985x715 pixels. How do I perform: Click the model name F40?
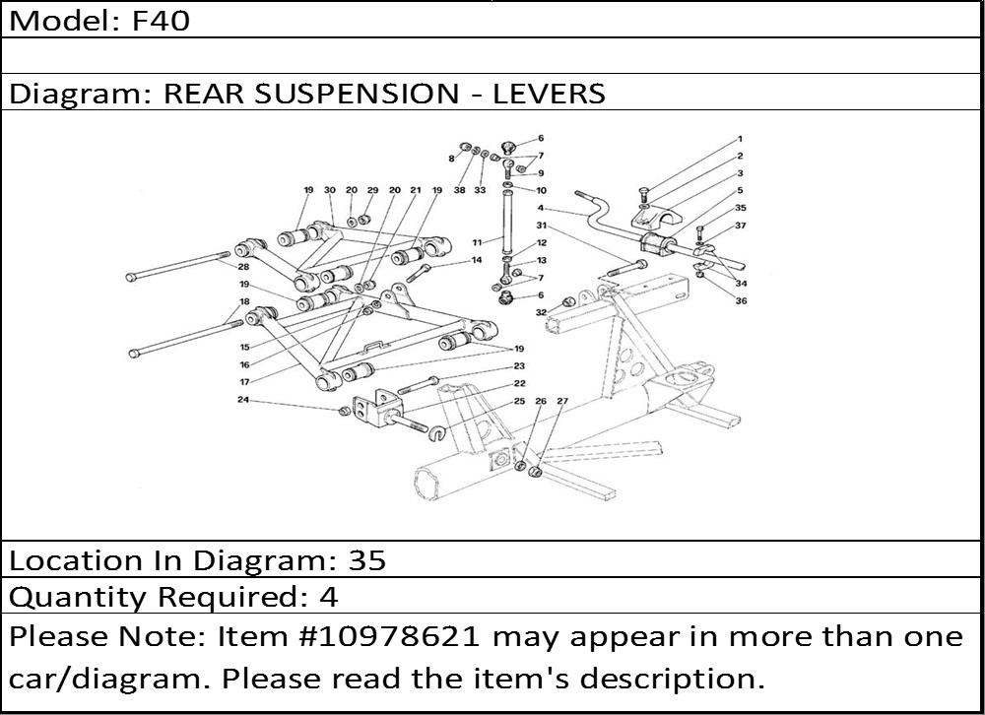pyautogui.click(x=162, y=21)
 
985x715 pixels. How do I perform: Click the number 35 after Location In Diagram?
pyautogui.click(x=366, y=560)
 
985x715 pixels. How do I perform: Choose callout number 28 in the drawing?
pyautogui.click(x=242, y=267)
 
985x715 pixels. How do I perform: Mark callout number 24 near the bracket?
pyautogui.click(x=242, y=400)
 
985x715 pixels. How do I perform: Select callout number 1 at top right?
pyautogui.click(x=739, y=139)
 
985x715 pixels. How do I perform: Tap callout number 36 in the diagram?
pyautogui.click(x=741, y=300)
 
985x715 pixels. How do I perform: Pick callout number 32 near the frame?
pyautogui.click(x=541, y=312)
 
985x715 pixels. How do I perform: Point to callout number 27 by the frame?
pyautogui.click(x=562, y=401)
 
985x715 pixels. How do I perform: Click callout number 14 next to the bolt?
pyautogui.click(x=476, y=260)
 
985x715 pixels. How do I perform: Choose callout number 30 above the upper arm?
pyautogui.click(x=330, y=190)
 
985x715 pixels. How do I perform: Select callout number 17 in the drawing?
pyautogui.click(x=243, y=382)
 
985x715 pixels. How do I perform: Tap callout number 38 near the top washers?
pyautogui.click(x=459, y=190)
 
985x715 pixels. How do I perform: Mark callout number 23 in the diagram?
pyautogui.click(x=519, y=365)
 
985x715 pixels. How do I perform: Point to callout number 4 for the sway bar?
pyautogui.click(x=541, y=209)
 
